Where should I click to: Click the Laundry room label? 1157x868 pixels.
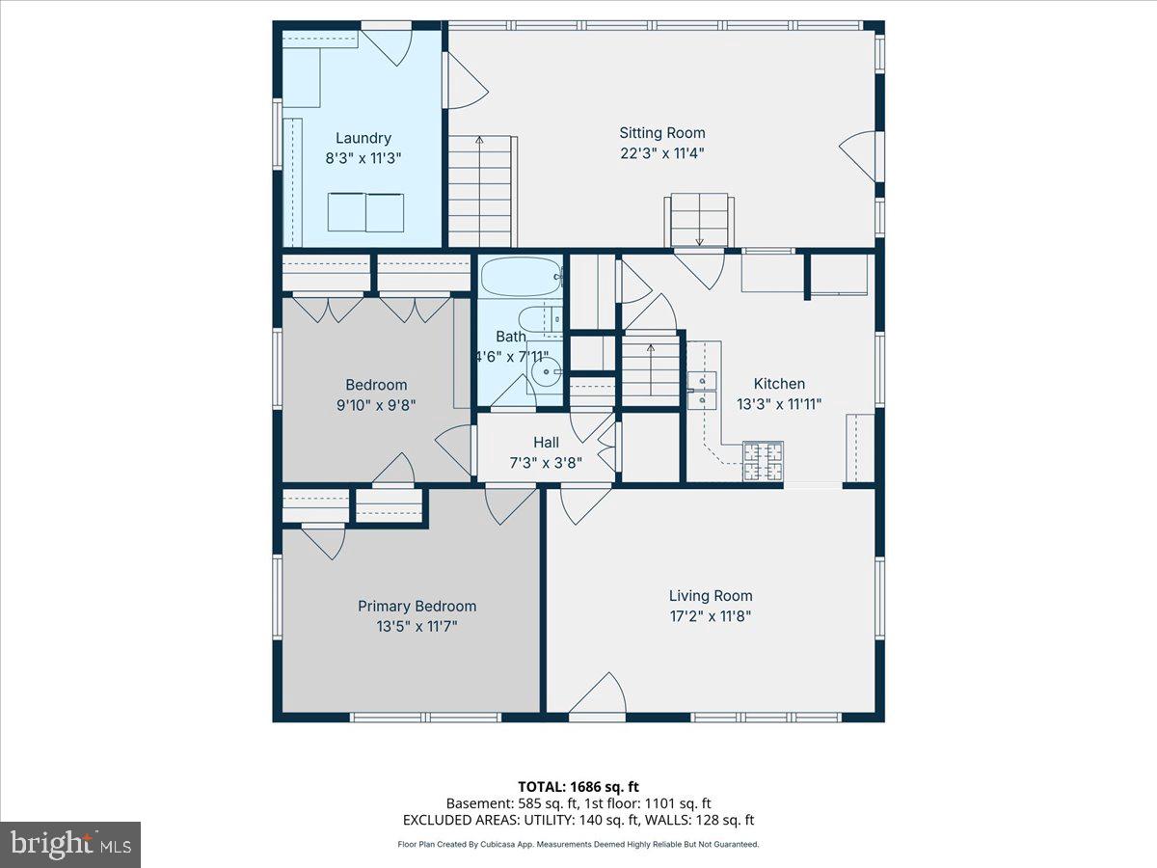tap(363, 138)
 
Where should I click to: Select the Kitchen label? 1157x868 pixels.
tap(779, 384)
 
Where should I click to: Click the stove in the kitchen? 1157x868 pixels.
tap(763, 461)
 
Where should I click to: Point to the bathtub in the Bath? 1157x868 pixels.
tap(521, 278)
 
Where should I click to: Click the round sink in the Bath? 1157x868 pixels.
tap(548, 370)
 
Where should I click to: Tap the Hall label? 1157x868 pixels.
tap(546, 443)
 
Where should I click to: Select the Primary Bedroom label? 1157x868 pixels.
tap(417, 607)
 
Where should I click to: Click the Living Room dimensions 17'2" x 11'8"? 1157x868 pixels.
tap(711, 616)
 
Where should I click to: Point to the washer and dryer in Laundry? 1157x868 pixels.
tap(365, 212)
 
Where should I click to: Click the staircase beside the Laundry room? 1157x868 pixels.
tap(479, 192)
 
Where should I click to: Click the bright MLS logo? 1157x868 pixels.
tap(70, 844)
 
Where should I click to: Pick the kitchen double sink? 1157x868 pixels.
tap(703, 389)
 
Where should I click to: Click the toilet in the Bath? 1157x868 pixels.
tap(535, 319)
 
